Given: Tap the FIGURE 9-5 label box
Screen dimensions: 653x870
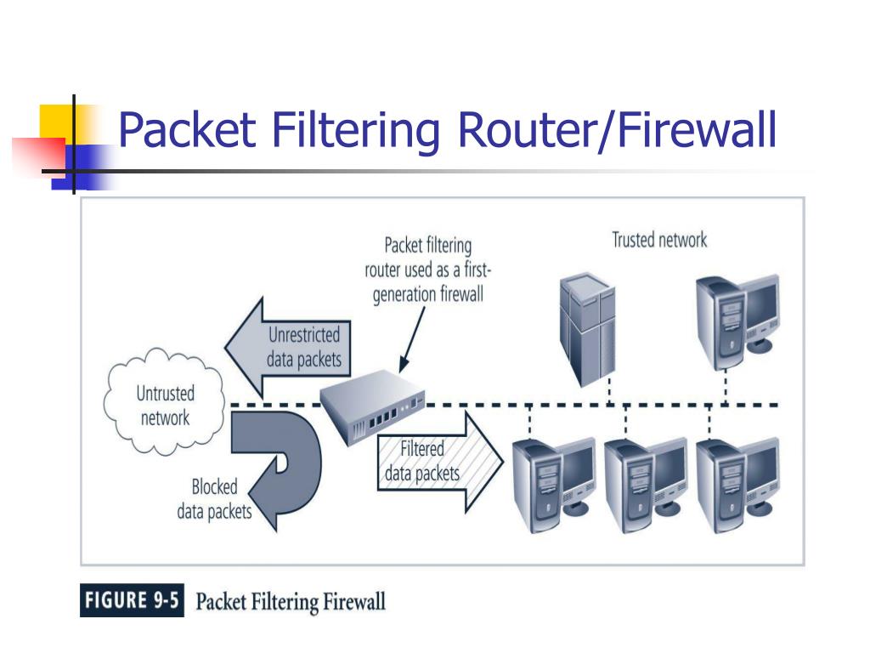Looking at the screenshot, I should point(132,601).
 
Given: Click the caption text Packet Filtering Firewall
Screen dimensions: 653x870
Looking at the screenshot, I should point(291,602).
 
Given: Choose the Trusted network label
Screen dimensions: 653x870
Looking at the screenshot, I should point(659,240).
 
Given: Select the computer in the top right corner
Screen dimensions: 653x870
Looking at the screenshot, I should point(736,318).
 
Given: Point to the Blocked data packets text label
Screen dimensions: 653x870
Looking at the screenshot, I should point(214,499).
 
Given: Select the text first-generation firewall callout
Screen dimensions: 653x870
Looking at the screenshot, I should point(428,270).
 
